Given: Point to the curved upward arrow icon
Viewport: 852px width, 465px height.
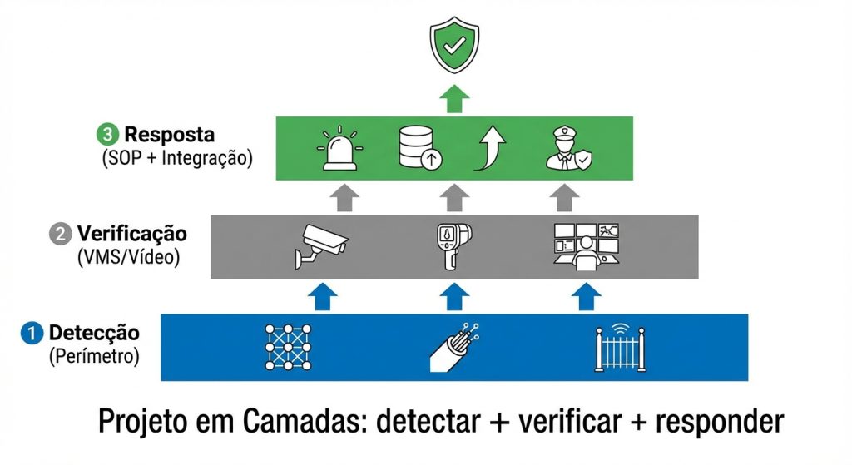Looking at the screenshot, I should tap(490, 148).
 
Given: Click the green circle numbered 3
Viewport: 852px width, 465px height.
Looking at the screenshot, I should tap(108, 134).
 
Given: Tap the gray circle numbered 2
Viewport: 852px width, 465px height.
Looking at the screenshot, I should tap(60, 234).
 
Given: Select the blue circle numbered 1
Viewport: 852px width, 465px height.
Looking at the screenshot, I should tap(32, 334).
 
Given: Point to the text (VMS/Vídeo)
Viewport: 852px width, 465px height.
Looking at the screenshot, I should tap(128, 257).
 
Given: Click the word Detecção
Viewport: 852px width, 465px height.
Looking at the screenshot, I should tap(94, 334).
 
